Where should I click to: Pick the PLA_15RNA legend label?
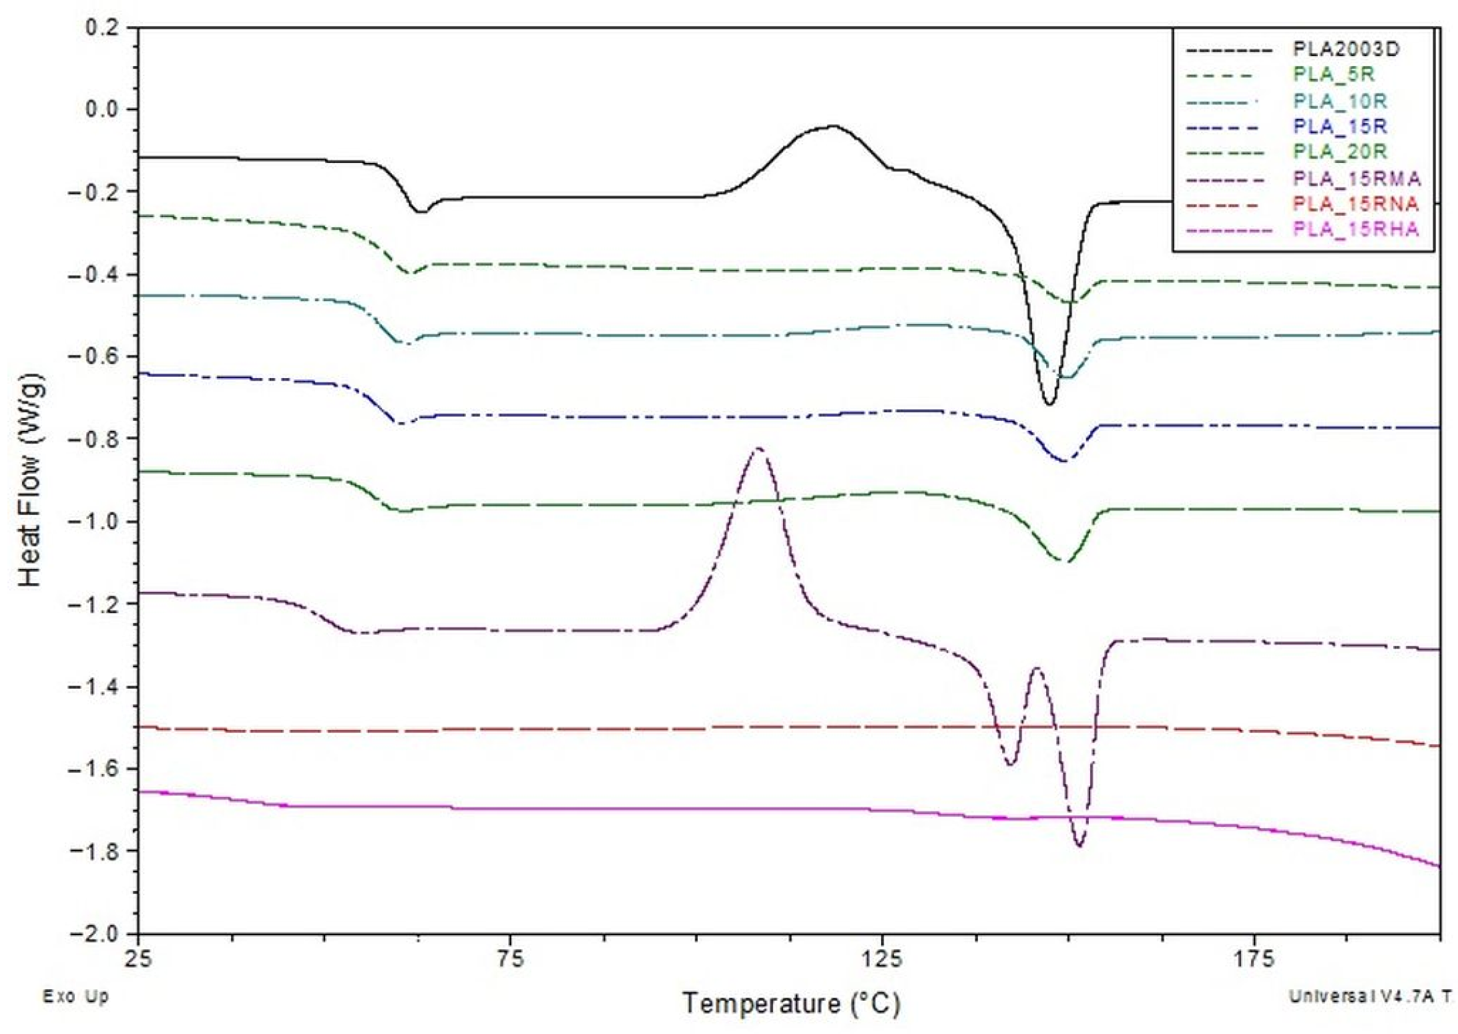(1355, 204)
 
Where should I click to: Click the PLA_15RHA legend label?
(1355, 230)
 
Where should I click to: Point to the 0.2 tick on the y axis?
(102, 28)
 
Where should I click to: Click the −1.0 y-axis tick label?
(93, 521)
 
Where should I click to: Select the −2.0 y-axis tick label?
(93, 933)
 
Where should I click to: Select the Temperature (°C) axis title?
(790, 1004)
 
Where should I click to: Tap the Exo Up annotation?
(75, 997)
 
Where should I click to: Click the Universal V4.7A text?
(1369, 997)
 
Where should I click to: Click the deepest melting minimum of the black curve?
(1049, 403)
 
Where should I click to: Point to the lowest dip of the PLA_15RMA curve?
(1079, 846)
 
